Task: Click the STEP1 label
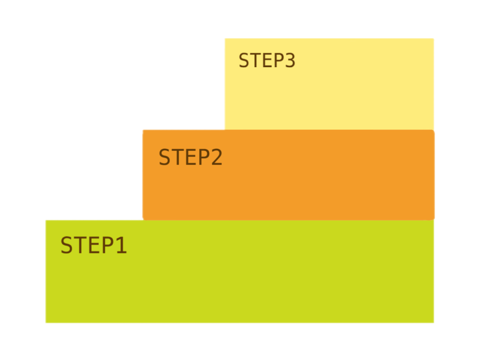tap(94, 245)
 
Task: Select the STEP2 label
tap(191, 157)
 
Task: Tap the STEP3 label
tap(267, 60)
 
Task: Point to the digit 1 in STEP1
tap(121, 245)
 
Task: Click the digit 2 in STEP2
tap(217, 157)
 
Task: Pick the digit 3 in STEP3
tap(290, 60)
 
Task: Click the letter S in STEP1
tap(66, 245)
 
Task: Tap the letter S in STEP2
tap(164, 157)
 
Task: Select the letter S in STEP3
tap(244, 60)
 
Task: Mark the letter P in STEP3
tap(279, 60)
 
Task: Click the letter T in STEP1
tap(80, 245)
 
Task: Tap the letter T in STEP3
tap(255, 60)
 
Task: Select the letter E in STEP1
tap(95, 245)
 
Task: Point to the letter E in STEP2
tap(191, 157)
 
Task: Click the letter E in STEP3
tap(267, 60)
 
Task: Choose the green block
tap(240, 271)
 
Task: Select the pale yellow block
tap(329, 84)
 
